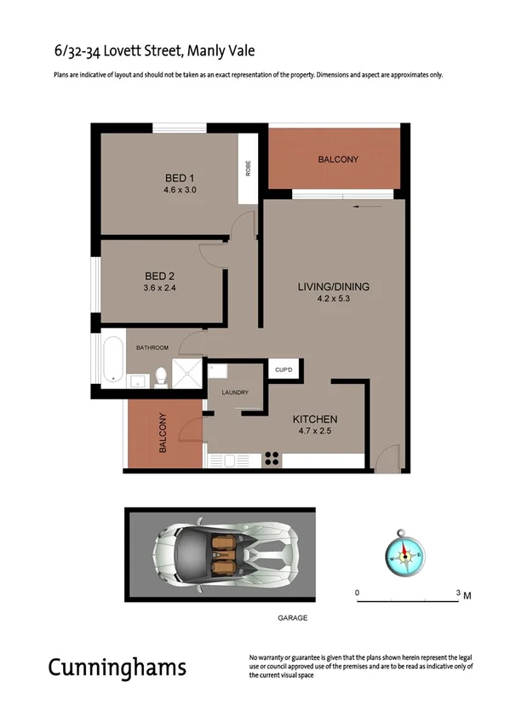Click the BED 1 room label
(181, 178)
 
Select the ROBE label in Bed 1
(248, 169)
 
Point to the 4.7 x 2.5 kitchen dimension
(316, 432)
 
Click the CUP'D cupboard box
(284, 370)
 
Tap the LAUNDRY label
(235, 393)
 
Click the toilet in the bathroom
(159, 375)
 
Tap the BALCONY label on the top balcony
(338, 159)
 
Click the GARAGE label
(292, 618)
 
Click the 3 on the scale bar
(458, 592)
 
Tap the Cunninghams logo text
(117, 667)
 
